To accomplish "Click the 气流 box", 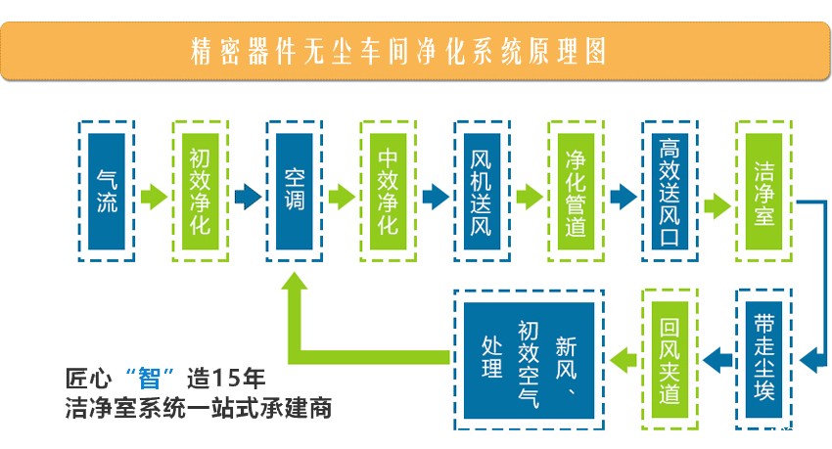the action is click(x=107, y=192).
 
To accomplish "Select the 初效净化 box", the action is click(x=201, y=192).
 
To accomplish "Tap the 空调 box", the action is click(x=295, y=192).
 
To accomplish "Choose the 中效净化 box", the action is click(x=389, y=192).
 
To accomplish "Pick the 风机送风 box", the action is click(x=483, y=192).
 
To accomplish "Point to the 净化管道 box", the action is click(x=577, y=192).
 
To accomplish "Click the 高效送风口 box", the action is click(x=670, y=192).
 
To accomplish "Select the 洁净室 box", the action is click(x=764, y=192).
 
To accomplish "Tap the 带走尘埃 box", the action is click(x=764, y=359).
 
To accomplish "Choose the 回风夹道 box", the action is click(x=670, y=359).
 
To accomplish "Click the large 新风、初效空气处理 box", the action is click(x=529, y=359).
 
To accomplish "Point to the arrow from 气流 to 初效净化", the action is click(x=154, y=197).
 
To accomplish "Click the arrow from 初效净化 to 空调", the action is click(x=248, y=197).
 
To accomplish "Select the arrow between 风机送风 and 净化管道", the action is click(x=530, y=197).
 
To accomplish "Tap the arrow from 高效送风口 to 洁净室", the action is click(x=717, y=205).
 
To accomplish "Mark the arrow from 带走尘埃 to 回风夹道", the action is click(x=717, y=361).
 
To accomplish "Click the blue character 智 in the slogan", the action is click(x=149, y=379).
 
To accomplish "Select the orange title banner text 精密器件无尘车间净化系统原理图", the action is click(x=398, y=52).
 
